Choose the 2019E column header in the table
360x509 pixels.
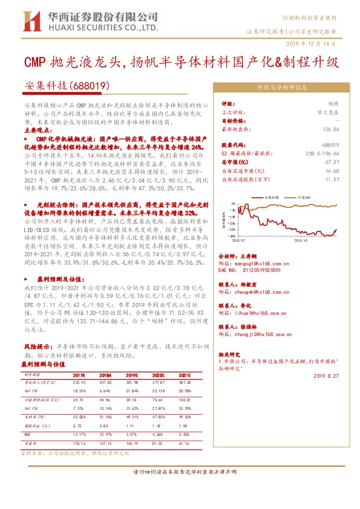click(x=133, y=375)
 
